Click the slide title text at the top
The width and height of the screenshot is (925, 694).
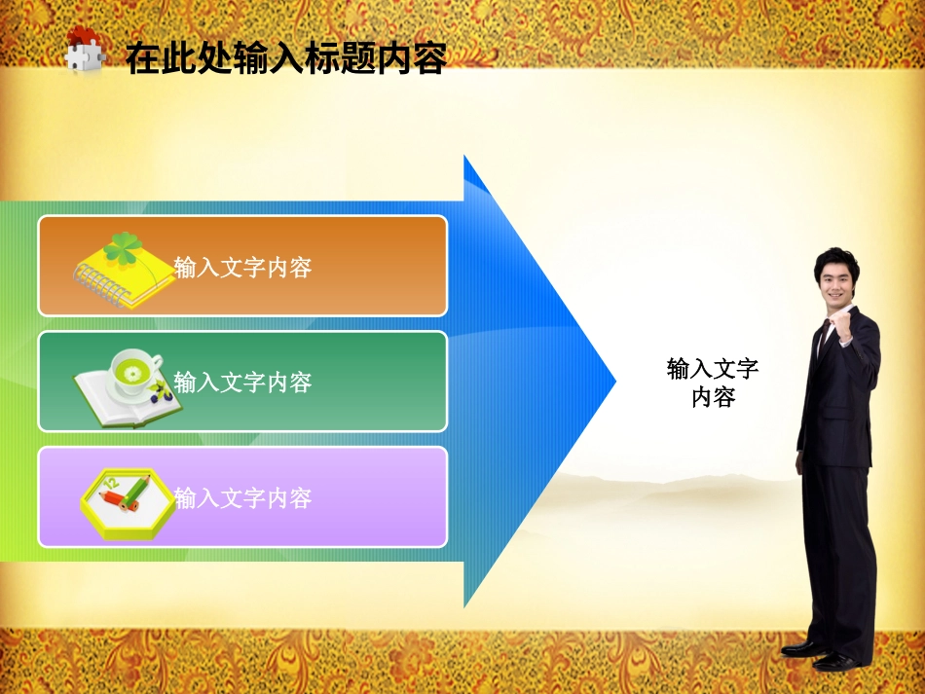click(x=285, y=59)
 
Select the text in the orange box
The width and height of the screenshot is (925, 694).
click(x=242, y=267)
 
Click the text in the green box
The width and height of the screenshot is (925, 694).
click(x=242, y=383)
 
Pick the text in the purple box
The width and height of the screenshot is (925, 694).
click(x=242, y=498)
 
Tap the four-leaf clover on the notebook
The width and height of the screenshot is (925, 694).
click(x=125, y=248)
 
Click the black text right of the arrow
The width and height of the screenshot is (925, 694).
click(x=713, y=383)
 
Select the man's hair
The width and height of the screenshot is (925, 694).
click(x=837, y=258)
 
